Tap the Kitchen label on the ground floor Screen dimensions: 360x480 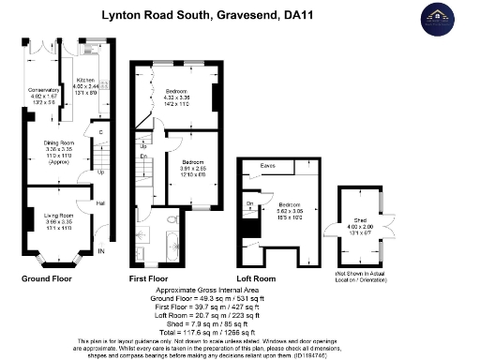pos(87,85)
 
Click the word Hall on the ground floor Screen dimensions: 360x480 pos(98,203)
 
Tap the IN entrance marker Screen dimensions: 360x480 pos(101,251)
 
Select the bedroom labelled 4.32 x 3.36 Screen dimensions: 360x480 pos(177,96)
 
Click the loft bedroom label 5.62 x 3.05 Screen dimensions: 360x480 pos(290,213)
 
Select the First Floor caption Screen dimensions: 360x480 pos(151,278)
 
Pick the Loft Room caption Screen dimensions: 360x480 pos(257,278)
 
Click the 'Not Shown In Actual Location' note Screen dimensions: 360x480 pos(361,273)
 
